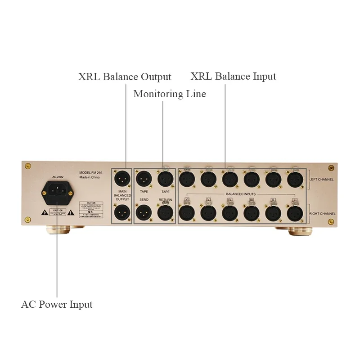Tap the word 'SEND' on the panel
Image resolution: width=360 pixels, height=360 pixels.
(144, 199)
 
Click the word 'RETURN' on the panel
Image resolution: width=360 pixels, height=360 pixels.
(165, 199)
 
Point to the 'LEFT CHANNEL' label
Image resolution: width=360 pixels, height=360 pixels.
(321, 180)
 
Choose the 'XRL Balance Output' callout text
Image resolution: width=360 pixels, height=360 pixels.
(125, 77)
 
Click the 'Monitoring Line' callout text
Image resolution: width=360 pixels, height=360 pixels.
(170, 94)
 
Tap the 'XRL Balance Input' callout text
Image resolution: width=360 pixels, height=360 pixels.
(233, 76)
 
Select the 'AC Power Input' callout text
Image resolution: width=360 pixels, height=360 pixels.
(57, 305)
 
